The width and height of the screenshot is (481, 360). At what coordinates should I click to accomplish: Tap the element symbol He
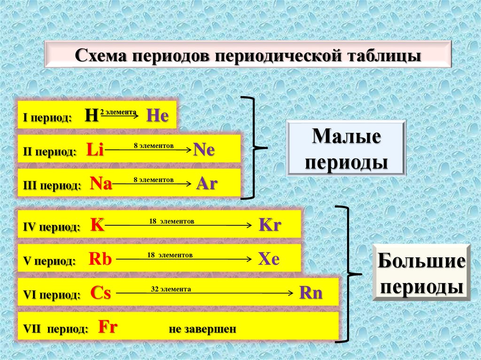(x=157, y=115)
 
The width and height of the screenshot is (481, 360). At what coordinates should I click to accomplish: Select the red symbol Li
(x=95, y=150)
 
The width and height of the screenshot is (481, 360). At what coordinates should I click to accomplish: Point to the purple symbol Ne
(x=204, y=150)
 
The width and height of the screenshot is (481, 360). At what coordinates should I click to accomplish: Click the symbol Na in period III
(x=101, y=184)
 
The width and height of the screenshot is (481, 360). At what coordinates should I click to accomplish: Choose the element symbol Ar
(x=207, y=184)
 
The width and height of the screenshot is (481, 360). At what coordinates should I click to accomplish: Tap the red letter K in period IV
(x=97, y=225)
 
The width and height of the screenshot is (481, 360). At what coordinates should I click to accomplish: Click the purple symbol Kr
(x=270, y=225)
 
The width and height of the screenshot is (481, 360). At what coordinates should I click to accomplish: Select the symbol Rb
(x=99, y=259)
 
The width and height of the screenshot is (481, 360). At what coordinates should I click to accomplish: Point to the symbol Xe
(x=269, y=259)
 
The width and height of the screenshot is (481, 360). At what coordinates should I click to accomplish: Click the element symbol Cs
(x=101, y=293)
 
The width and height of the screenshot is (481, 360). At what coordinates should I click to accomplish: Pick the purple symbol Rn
(x=311, y=293)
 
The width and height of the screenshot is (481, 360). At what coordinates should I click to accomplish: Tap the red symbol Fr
(x=107, y=327)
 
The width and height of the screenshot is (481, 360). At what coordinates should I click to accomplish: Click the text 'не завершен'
(x=202, y=329)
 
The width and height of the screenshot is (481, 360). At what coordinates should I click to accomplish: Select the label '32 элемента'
(x=171, y=289)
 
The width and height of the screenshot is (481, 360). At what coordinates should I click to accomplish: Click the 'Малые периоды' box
(x=346, y=148)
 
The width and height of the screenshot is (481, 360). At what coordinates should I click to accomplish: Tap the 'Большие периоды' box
(x=421, y=272)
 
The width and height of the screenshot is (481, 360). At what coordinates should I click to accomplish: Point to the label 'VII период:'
(x=55, y=329)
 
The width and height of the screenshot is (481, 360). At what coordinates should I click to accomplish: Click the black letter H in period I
(x=91, y=115)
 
